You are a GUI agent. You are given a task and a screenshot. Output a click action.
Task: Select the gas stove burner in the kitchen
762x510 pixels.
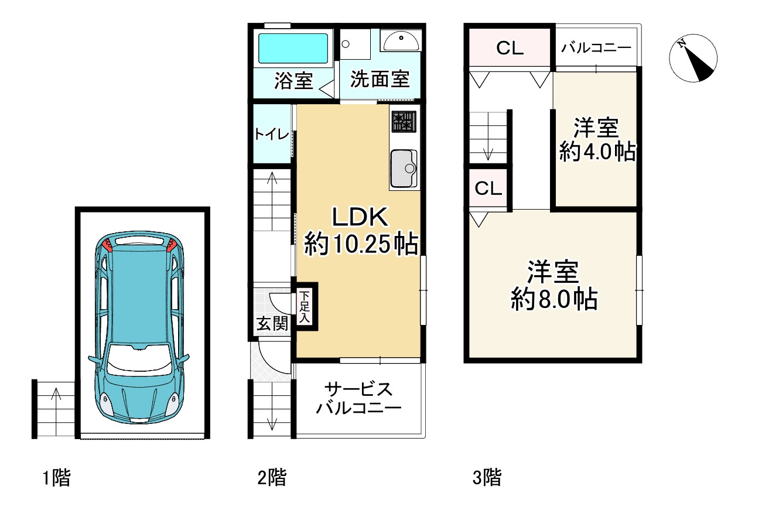pos(404,121)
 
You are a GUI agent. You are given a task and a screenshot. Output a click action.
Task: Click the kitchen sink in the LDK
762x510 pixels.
pos(404,167)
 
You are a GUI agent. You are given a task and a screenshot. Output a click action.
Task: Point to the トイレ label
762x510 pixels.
pos(272,135)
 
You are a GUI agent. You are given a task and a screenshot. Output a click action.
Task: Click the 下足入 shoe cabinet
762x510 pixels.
pos(305,307)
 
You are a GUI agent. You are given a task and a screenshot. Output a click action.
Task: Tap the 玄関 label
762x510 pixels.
pos(272,323)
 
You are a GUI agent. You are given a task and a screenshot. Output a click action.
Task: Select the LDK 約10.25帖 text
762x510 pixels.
pos(360,231)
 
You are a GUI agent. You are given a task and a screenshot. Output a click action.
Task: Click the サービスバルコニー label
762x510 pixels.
pos(358,398)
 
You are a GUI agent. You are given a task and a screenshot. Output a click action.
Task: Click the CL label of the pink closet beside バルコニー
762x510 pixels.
pos(510,49)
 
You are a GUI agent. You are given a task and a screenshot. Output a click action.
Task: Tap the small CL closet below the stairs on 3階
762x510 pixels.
pos(488,189)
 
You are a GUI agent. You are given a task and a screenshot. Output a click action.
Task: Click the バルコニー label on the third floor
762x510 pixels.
pos(596,48)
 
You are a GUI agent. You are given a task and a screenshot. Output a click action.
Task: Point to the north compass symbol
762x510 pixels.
pos(693,57)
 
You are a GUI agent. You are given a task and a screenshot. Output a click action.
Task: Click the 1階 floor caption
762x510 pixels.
pos(56,478)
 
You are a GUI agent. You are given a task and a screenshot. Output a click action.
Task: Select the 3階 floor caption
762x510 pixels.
pos(487,478)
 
